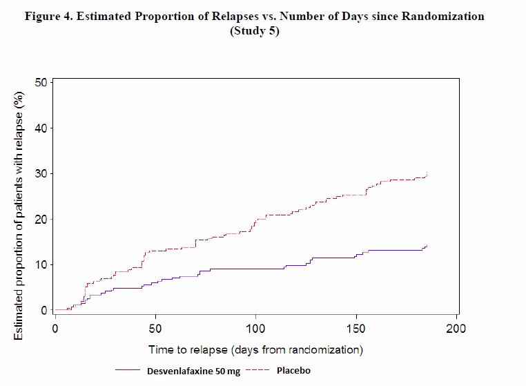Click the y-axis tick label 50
coord(40,82)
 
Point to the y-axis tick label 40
coord(40,128)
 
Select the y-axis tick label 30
coord(40,173)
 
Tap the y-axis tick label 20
coord(40,219)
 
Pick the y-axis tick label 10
coord(40,264)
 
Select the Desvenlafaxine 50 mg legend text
coord(193,371)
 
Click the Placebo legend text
coord(293,371)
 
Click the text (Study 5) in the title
coord(256,31)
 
